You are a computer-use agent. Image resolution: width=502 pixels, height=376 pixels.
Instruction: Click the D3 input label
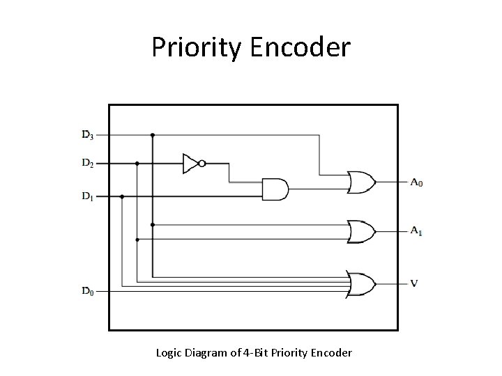click(88, 134)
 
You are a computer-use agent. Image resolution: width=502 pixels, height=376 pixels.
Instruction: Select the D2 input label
click(88, 164)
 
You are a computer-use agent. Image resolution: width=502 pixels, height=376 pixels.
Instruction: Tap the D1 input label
click(88, 196)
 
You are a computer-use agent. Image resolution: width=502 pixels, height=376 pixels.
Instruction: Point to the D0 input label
click(88, 290)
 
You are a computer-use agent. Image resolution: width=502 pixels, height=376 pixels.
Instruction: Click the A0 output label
click(416, 183)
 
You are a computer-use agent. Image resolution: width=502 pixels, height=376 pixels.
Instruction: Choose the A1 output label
click(416, 230)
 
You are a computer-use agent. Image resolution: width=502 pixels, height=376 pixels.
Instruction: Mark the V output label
click(414, 283)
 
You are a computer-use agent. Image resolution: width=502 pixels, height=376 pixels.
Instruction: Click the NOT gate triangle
click(190, 164)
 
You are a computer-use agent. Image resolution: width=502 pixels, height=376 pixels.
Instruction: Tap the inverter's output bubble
click(201, 164)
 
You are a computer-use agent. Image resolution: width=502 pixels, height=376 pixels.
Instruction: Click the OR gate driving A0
click(361, 183)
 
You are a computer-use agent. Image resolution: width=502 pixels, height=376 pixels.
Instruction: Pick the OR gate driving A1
click(361, 230)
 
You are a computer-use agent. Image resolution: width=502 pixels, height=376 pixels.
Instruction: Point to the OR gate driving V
click(361, 284)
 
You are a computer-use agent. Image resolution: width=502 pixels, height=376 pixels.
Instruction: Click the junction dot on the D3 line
click(153, 134)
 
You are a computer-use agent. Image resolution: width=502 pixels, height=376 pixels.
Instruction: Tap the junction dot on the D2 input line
click(137, 164)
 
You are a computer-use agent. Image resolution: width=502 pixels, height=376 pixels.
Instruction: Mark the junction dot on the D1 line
click(122, 196)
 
